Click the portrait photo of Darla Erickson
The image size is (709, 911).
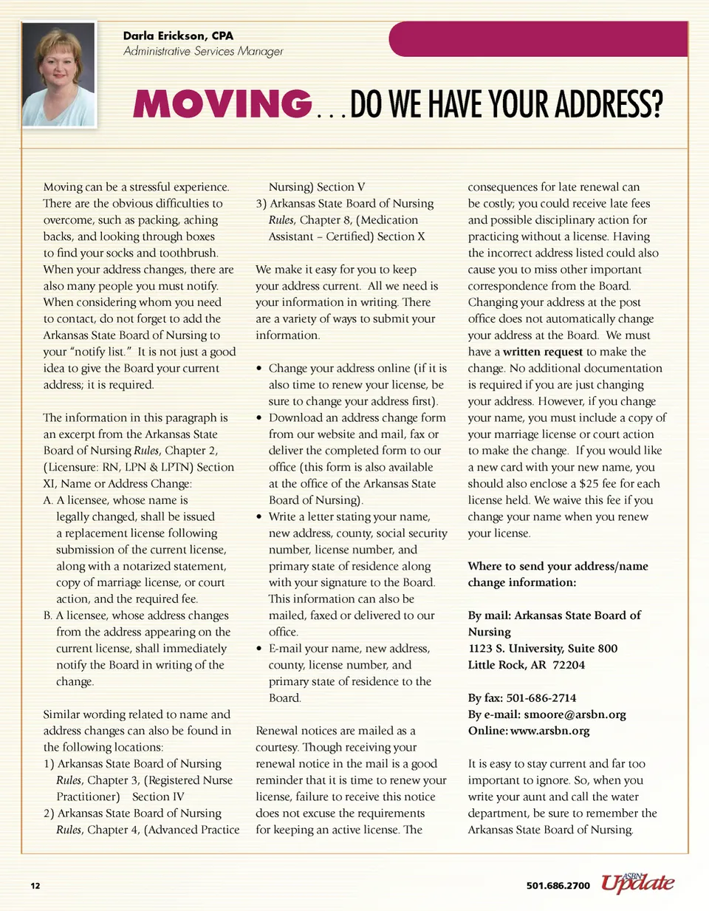59,75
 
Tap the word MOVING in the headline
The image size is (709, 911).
222,104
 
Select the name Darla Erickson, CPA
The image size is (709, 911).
178,35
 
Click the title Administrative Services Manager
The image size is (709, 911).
203,51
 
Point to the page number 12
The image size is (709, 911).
35,885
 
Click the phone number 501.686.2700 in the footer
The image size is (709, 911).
558,885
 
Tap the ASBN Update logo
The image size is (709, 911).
637,882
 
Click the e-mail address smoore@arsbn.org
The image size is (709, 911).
574,714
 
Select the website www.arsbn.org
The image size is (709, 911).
549,731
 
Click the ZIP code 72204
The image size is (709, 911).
569,665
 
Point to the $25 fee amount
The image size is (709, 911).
588,483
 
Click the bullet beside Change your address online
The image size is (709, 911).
259,369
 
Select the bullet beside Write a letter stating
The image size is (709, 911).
259,517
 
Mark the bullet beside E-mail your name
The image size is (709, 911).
259,649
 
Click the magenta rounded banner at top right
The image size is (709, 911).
538,39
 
